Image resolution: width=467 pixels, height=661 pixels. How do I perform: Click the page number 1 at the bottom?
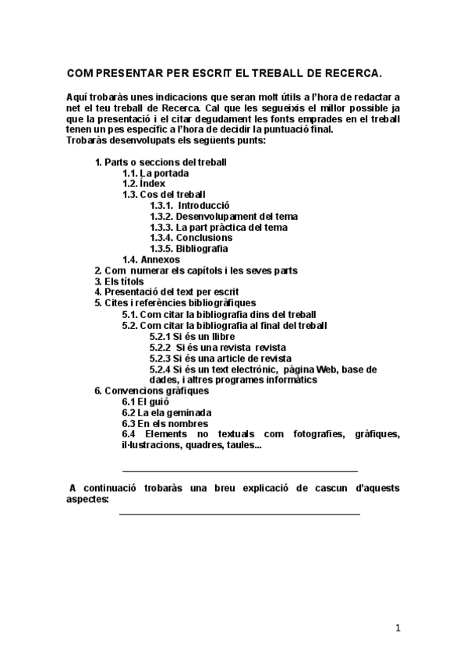(398, 628)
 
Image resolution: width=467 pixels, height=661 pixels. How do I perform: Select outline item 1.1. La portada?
(148, 172)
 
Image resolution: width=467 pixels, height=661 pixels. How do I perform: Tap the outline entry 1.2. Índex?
(143, 183)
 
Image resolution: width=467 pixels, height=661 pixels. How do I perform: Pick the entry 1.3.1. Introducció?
(189, 205)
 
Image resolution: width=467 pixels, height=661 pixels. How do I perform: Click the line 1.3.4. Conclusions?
(191, 238)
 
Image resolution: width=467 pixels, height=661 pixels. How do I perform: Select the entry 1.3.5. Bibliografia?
(189, 249)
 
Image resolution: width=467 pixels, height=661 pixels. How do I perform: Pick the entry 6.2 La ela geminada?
(167, 412)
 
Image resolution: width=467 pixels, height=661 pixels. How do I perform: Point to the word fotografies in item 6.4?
(320, 434)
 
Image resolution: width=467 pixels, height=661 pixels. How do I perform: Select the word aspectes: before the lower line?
(87, 499)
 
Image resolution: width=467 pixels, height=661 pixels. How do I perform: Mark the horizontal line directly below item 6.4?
(240, 471)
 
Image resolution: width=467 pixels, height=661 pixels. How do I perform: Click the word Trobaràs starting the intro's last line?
(87, 140)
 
